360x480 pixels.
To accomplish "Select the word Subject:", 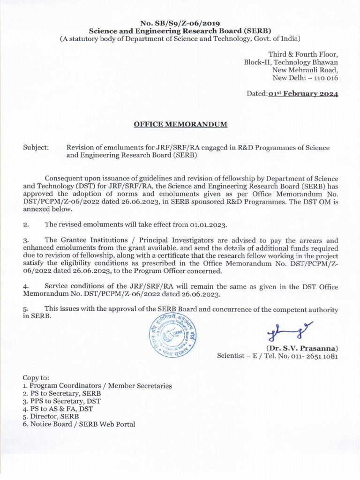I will [36, 148].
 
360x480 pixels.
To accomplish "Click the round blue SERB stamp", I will [170, 335].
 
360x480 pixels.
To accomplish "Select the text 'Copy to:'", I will [36, 378].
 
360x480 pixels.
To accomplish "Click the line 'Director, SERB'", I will [51, 416].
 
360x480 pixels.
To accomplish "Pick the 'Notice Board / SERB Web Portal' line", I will [79, 424].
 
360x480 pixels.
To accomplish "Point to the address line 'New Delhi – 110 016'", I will [305, 77].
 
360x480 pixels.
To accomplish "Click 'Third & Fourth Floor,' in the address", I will [303, 54].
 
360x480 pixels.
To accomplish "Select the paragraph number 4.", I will [26, 286].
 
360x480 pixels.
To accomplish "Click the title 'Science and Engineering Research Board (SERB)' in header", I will [180, 31].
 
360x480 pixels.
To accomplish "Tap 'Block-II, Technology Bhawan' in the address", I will [291, 62].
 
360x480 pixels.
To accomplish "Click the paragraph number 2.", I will [26, 225].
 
